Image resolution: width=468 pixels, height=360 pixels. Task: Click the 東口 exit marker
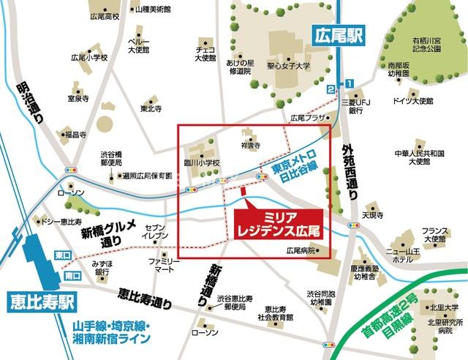[x=59, y=255]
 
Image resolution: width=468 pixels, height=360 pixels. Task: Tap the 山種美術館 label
[x=153, y=10]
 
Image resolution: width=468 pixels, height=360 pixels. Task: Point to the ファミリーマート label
[x=165, y=265]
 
